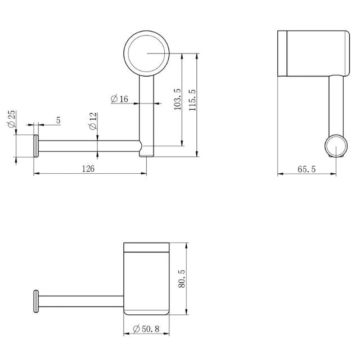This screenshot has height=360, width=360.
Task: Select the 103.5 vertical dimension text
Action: (x=177, y=99)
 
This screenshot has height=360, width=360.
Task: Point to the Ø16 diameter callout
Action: (x=120, y=99)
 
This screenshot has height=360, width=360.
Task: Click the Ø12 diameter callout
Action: (x=93, y=121)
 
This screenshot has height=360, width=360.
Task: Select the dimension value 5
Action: (x=58, y=120)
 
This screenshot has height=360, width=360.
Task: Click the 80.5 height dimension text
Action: (x=181, y=278)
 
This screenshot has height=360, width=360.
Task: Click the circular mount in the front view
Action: (x=146, y=53)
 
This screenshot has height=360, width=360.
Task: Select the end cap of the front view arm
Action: (x=36, y=147)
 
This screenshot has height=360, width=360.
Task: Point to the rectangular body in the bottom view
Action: (x=146, y=278)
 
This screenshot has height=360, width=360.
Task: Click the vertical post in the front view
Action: (x=146, y=112)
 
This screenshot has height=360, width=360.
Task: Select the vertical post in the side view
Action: (x=336, y=104)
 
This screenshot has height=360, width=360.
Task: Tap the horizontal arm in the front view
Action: (x=87, y=147)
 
